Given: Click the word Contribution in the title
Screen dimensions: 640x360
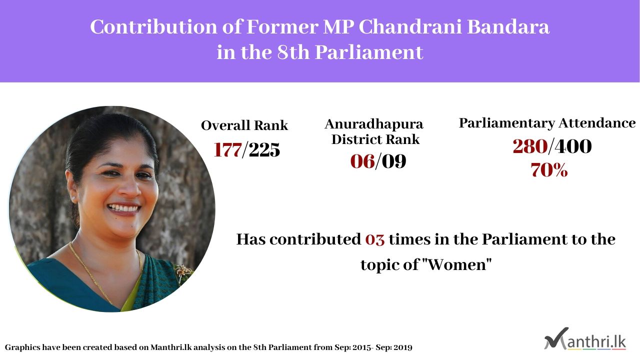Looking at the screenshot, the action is click(153, 27).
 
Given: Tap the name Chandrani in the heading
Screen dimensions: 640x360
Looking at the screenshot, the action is click(410, 27).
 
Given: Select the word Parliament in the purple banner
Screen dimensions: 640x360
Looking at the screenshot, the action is click(369, 52).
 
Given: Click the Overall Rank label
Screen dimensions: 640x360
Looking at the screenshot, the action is click(244, 125).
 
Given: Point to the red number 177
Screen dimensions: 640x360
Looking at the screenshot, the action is click(227, 149).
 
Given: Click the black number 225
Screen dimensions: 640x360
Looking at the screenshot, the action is click(264, 149).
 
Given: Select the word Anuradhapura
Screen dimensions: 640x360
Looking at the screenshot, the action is click(374, 124).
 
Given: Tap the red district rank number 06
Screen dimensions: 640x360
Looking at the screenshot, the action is click(362, 161).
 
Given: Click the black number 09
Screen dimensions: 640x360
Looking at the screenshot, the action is click(394, 161).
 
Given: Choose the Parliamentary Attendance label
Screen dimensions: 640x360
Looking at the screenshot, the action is click(547, 123).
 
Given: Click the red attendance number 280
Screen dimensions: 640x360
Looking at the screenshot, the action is click(530, 146).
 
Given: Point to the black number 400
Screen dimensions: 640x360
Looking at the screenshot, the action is click(573, 146).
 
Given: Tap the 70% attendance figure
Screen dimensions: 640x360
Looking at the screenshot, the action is click(549, 170).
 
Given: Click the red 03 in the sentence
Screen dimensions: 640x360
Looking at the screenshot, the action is click(375, 239).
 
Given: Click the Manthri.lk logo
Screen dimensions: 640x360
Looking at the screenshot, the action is click(585, 339).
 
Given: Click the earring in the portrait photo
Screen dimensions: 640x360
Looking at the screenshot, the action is click(73, 198).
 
